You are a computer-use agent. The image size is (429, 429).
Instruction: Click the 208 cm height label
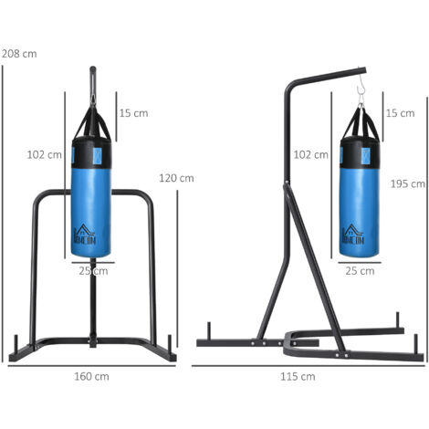(x=19, y=54)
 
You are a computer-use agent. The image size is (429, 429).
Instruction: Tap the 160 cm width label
(x=91, y=376)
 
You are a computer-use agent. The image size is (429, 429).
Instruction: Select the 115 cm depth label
(x=298, y=376)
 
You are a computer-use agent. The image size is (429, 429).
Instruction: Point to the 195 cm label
(x=408, y=183)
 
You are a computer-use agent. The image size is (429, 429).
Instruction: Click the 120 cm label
(x=176, y=178)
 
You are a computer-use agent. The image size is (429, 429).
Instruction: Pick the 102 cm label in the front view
(x=45, y=155)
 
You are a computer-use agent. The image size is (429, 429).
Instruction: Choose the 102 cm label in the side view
(x=311, y=155)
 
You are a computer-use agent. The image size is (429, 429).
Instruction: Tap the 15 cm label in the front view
(x=133, y=113)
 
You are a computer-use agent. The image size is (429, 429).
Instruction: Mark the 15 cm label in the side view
(x=400, y=113)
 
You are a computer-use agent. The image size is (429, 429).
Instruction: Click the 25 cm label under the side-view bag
(x=360, y=271)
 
